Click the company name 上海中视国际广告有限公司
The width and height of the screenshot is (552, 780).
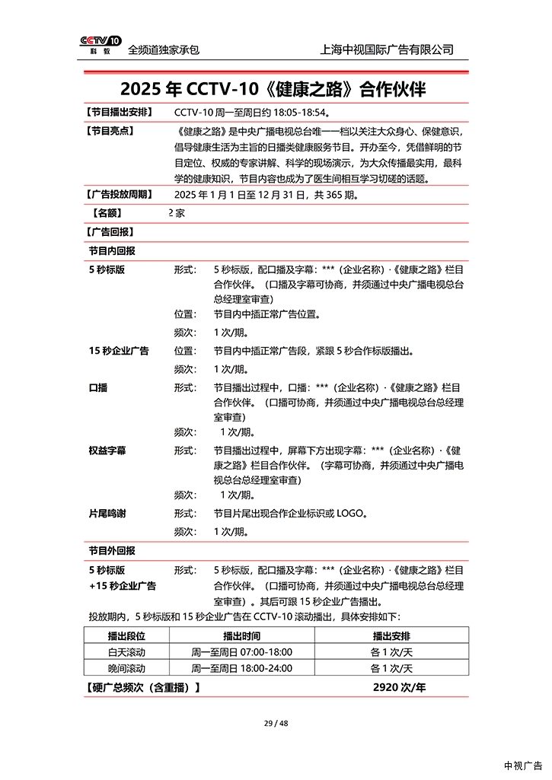pyautogui.click(x=388, y=49)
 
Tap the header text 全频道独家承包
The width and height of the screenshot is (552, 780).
pyautogui.click(x=164, y=49)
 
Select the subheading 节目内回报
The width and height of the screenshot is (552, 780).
pyautogui.click(x=112, y=250)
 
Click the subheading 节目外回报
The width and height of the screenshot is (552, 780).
pyautogui.click(x=112, y=550)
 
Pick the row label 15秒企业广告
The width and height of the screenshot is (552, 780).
pyautogui.click(x=119, y=351)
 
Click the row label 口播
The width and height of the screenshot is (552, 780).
pyautogui.click(x=98, y=387)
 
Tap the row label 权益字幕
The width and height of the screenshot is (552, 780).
pyautogui.click(x=107, y=450)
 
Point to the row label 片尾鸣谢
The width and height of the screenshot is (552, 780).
pyautogui.click(x=107, y=514)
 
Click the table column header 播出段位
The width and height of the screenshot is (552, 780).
pyautogui.click(x=126, y=635)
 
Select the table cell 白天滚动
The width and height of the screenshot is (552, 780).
pyautogui.click(x=126, y=652)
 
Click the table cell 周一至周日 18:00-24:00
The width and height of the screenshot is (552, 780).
pyautogui.click(x=241, y=669)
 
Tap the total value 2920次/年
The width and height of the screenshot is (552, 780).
pyautogui.click(x=399, y=688)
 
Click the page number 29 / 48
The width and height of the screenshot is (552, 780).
pyautogui.click(x=276, y=723)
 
